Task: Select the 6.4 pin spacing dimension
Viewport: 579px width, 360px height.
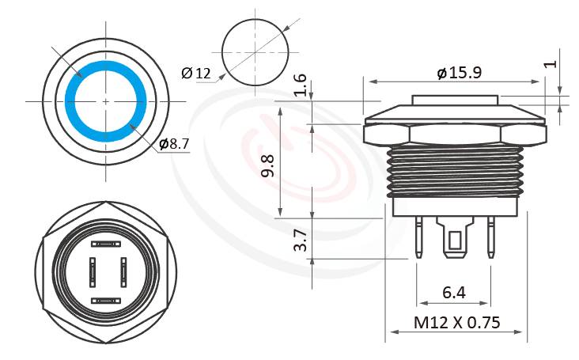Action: (x=453, y=293)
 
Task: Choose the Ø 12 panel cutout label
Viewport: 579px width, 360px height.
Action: (x=195, y=74)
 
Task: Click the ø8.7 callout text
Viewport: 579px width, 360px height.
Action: (x=173, y=143)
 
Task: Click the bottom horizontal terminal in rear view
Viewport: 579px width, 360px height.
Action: (x=106, y=300)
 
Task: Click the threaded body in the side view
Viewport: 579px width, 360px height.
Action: (x=456, y=170)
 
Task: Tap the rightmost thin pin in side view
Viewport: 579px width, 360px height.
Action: (x=490, y=237)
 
